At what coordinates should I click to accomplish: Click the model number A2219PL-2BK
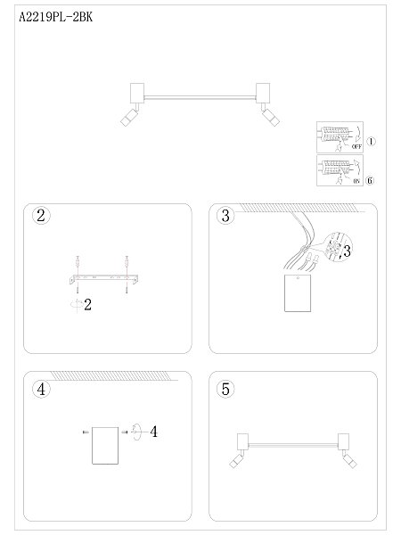click(55, 16)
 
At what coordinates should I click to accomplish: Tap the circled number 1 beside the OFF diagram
click(372, 141)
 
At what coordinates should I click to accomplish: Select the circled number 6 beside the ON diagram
click(372, 178)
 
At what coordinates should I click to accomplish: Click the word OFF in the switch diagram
click(356, 145)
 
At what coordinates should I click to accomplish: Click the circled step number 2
click(40, 217)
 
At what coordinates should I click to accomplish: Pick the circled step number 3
click(225, 217)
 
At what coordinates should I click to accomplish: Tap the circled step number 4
click(40, 389)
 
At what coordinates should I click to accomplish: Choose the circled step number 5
click(225, 389)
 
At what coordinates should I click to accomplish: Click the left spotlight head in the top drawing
click(127, 119)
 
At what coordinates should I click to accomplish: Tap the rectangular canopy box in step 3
click(296, 293)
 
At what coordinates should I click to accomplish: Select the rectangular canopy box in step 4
click(105, 443)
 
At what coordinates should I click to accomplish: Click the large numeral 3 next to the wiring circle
click(347, 251)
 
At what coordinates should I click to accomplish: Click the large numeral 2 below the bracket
click(88, 305)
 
